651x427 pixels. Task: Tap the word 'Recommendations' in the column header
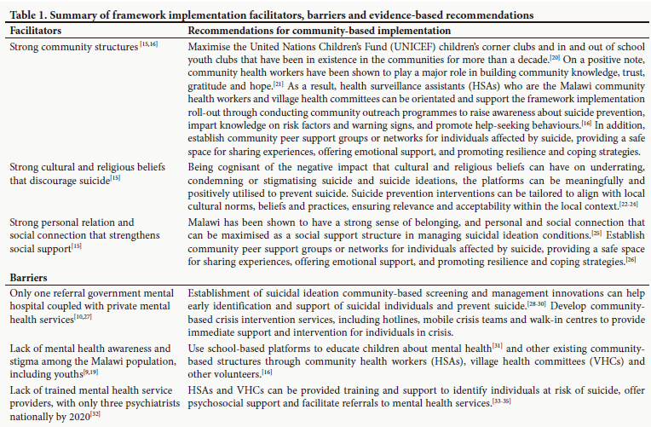(230, 29)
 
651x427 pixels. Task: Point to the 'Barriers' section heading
(28, 278)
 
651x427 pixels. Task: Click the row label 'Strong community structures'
(73, 45)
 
